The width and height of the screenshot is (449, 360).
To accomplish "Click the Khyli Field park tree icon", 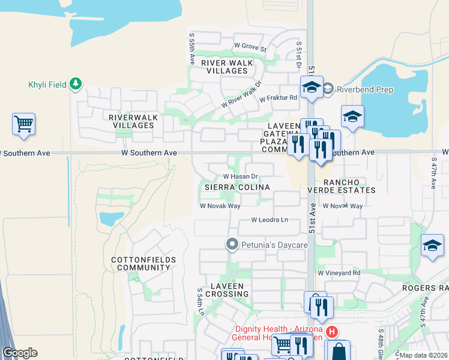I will (76, 84).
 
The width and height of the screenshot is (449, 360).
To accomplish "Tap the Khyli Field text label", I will (47, 85).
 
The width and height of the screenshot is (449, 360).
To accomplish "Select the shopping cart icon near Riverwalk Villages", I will (23, 124).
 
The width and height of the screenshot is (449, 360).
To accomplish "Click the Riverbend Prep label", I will (365, 90).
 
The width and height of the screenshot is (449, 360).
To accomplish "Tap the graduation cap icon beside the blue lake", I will (353, 116).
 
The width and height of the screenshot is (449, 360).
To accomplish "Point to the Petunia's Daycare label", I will (274, 245).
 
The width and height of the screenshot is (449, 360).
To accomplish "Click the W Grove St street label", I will (250, 46).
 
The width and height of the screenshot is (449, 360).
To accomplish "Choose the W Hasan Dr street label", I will (240, 177).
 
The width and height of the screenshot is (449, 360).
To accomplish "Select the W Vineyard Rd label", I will (339, 273).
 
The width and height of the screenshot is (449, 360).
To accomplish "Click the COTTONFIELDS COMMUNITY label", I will (143, 263).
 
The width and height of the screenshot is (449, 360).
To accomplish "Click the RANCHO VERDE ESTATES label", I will (349, 186).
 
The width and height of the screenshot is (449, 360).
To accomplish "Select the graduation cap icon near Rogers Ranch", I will (432, 245).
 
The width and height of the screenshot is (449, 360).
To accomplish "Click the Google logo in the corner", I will (20, 353).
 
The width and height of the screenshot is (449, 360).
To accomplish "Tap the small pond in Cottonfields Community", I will (111, 219).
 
